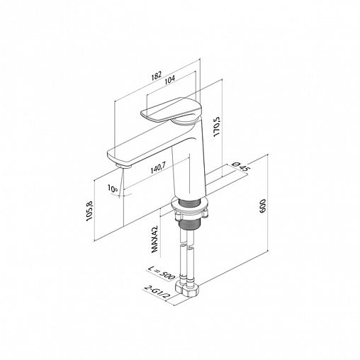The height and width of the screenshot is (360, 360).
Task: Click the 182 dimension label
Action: [x=157, y=76]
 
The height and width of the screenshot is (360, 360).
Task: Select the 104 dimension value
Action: [x=169, y=79]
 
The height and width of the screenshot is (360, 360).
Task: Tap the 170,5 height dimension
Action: [x=216, y=127]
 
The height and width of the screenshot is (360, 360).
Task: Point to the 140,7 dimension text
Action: [x=158, y=168]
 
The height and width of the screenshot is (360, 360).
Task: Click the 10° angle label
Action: [x=113, y=189]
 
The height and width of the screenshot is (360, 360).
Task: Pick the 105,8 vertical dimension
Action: [x=90, y=210]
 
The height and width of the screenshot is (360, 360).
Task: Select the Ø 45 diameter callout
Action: [x=241, y=166]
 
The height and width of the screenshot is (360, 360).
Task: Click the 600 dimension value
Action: [x=262, y=206]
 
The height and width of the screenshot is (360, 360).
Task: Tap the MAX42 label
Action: [x=154, y=239]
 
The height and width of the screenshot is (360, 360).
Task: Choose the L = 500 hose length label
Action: [x=162, y=273]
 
